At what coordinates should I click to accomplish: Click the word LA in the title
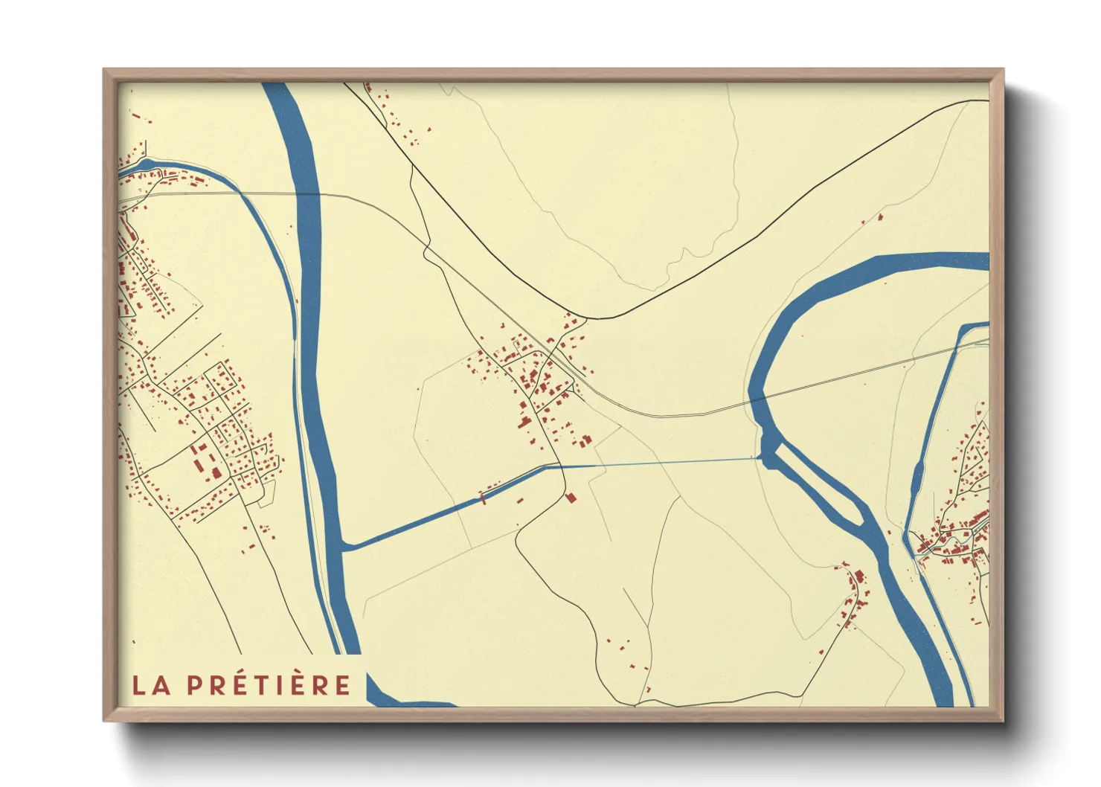click(151, 685)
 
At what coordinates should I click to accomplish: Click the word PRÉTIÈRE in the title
click(269, 685)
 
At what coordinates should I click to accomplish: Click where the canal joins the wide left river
click(344, 547)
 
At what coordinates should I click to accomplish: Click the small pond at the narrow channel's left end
click(146, 163)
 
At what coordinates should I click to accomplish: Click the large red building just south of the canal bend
click(571, 497)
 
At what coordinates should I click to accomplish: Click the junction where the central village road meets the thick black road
click(585, 319)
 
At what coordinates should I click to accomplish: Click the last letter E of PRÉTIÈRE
click(342, 685)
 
